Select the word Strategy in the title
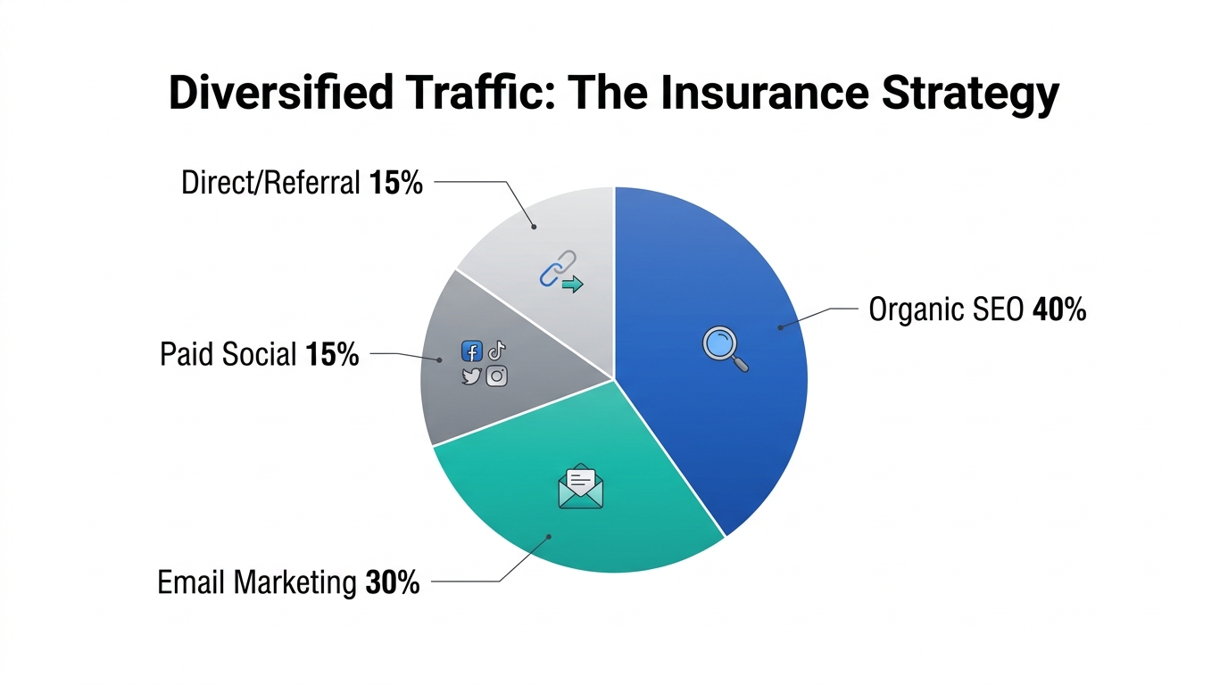970,94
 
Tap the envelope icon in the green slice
580,487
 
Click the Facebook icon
471,351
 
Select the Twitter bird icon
471,376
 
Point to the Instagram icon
497,376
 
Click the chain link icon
555,268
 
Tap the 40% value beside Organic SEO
1059,310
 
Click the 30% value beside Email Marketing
393,583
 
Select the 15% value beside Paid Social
332,354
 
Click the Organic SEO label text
947,310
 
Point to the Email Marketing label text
256,583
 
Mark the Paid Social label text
228,354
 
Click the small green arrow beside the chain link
572,285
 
